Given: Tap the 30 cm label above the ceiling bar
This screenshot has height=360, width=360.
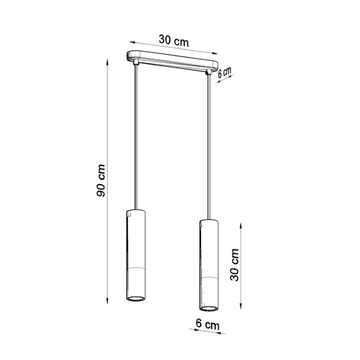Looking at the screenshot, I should coord(174,40).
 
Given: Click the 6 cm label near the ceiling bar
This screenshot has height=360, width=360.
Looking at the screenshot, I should coord(225,72).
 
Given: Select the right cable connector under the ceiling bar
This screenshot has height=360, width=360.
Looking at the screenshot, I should coord(208,73).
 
